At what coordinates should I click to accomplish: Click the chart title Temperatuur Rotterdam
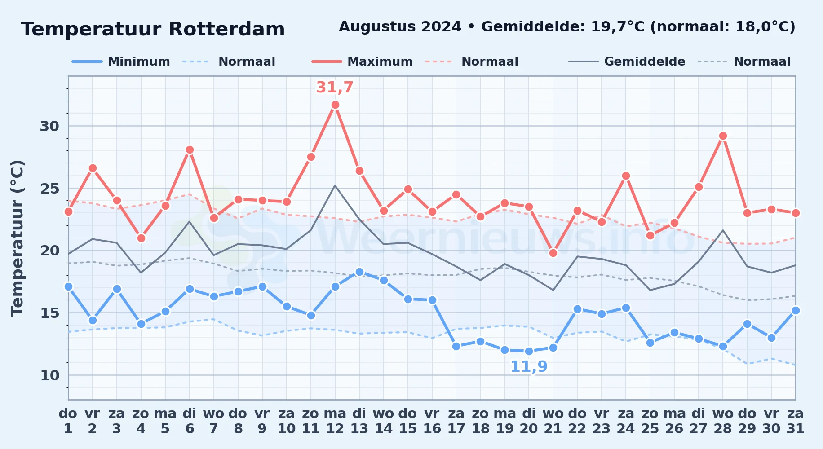pyautogui.click(x=153, y=29)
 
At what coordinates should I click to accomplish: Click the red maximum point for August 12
pyautogui.click(x=335, y=105)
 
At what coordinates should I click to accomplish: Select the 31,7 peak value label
pyautogui.click(x=335, y=88)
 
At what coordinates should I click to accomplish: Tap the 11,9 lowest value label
pyautogui.click(x=529, y=367)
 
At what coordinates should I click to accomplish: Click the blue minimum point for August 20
pyautogui.click(x=529, y=351)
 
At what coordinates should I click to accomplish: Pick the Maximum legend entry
pyautogui.click(x=362, y=62)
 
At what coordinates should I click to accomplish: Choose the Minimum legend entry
pyautogui.click(x=121, y=62)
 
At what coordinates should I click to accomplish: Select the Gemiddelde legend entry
pyautogui.click(x=627, y=62)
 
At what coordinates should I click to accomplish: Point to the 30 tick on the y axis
pyautogui.click(x=49, y=126)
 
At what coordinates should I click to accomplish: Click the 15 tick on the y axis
pyautogui.click(x=49, y=313)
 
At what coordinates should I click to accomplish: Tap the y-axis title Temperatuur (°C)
pyautogui.click(x=17, y=238)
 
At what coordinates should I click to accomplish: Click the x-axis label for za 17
pyautogui.click(x=456, y=421)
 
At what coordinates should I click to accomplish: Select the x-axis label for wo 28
pyautogui.click(x=723, y=421)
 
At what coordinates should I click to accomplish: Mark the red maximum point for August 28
pyautogui.click(x=723, y=136)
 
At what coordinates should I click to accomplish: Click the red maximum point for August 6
pyautogui.click(x=190, y=150)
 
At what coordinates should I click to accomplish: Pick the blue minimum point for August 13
pyautogui.click(x=359, y=272)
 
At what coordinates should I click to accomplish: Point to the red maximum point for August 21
pyautogui.click(x=553, y=253)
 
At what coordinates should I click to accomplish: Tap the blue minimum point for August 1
pyautogui.click(x=68, y=286)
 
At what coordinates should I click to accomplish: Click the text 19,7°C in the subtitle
pyautogui.click(x=618, y=26)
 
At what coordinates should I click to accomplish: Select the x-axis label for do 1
pyautogui.click(x=68, y=421)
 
